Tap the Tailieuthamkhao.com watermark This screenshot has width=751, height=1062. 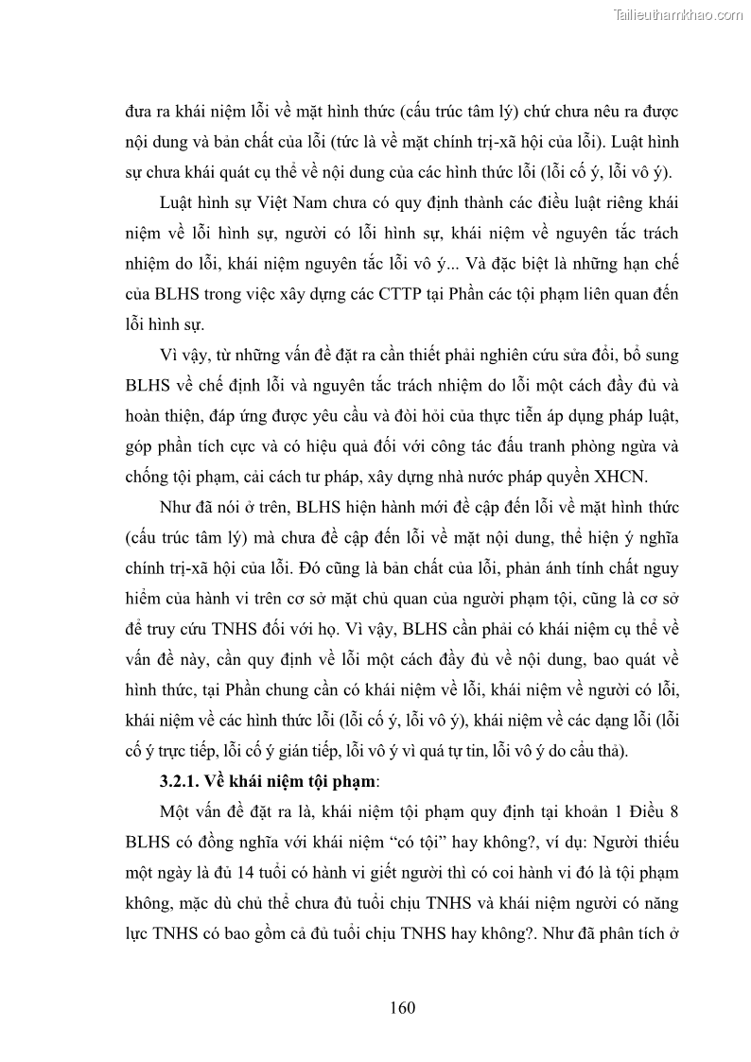[x=679, y=15]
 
